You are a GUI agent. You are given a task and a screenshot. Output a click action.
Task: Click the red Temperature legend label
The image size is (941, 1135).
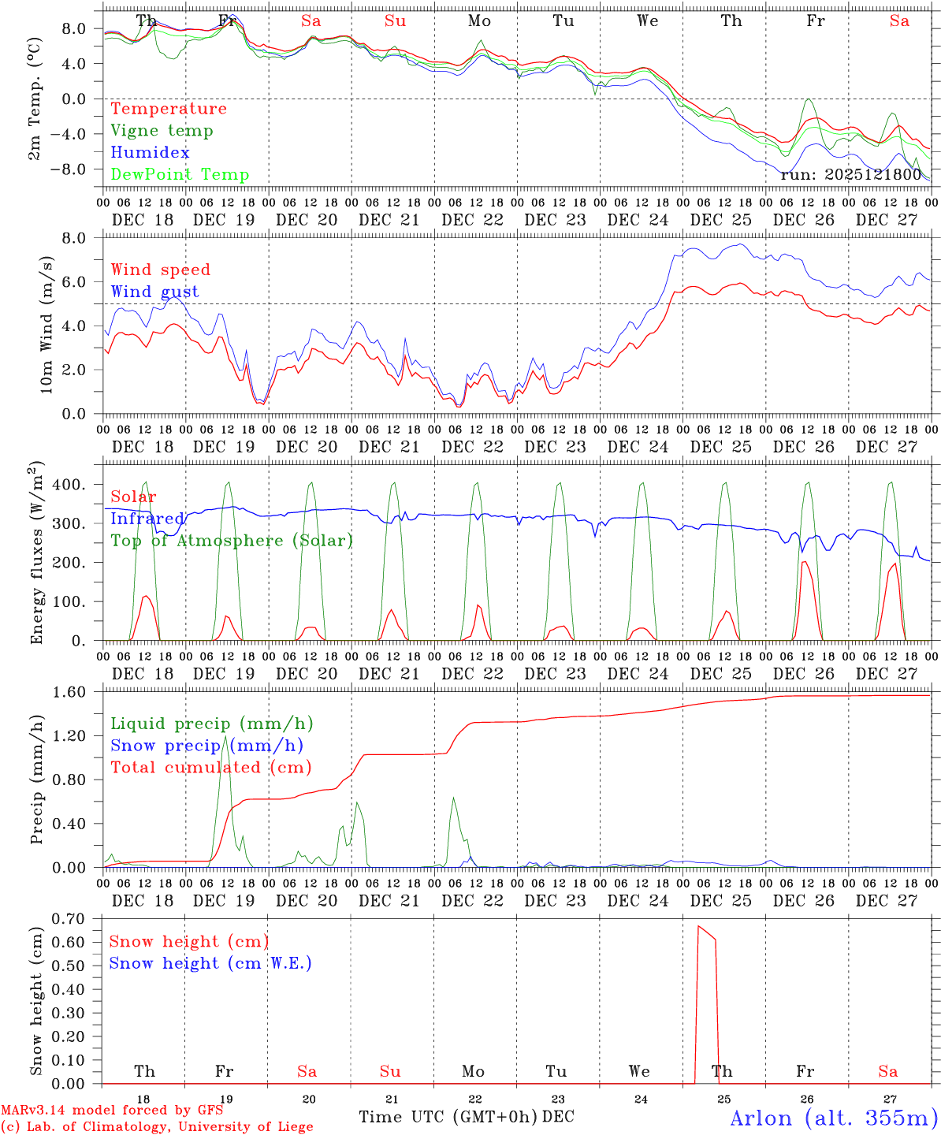coord(169,109)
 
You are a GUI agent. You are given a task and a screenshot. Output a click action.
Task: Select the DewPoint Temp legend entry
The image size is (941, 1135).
coord(180,174)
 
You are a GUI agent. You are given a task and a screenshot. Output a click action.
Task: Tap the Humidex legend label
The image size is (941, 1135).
coord(150,152)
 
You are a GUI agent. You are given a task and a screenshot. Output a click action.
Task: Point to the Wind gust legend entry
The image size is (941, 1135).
coord(154,292)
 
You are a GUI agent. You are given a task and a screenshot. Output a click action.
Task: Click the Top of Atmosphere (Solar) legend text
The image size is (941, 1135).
coord(232,541)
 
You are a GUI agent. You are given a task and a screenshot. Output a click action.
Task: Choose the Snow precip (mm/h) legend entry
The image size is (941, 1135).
coord(206,746)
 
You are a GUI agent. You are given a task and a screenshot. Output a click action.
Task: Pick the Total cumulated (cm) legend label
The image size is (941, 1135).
coord(210,767)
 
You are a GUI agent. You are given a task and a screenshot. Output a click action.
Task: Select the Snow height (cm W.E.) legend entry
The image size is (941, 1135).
coord(210,963)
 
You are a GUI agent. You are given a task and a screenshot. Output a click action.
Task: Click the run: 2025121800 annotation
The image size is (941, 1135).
coord(850,174)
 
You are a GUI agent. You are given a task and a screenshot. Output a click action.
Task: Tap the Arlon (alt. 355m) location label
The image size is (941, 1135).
coord(834,1118)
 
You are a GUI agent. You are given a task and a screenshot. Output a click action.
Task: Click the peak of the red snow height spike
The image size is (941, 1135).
coord(698,926)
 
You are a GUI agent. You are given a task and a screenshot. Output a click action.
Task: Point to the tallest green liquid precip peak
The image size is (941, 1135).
coord(225,736)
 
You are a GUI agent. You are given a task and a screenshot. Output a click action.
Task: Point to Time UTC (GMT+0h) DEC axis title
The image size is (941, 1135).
coord(466,1117)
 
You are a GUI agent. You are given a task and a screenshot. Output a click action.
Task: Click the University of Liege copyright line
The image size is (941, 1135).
coord(157,1126)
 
